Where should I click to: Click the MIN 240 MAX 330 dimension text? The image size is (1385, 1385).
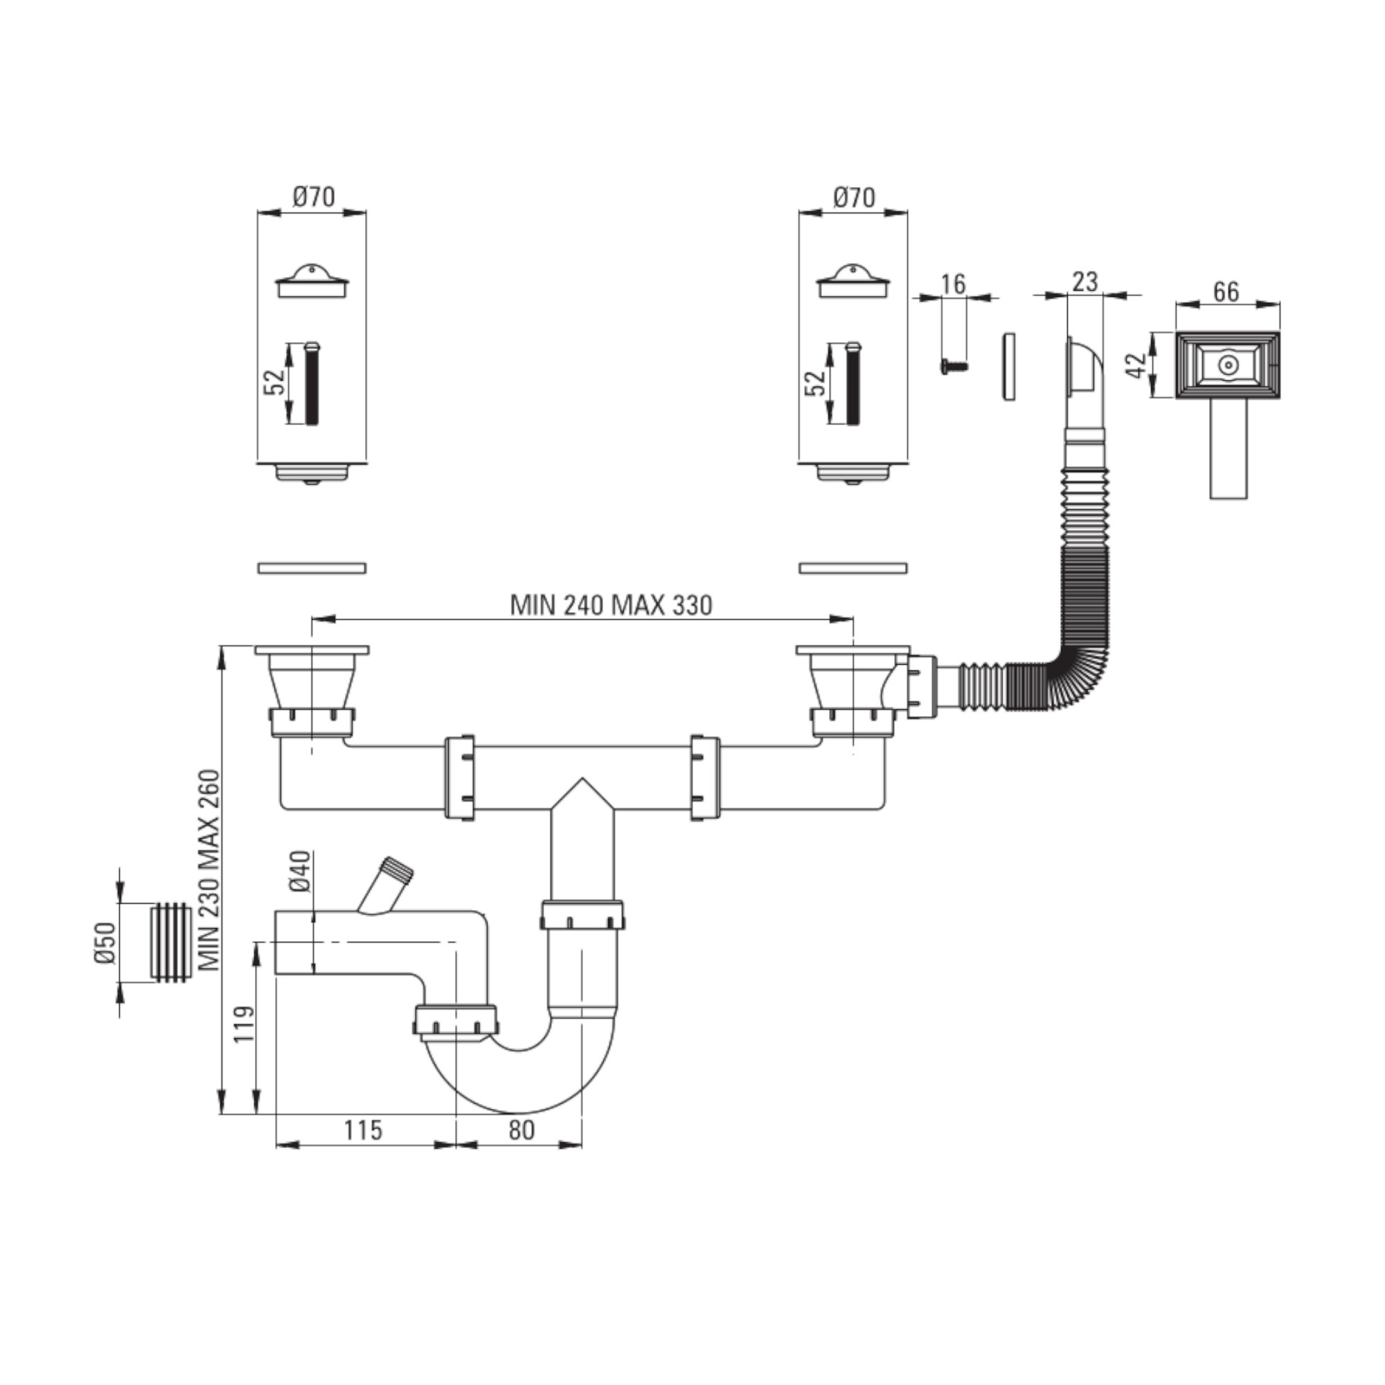611,606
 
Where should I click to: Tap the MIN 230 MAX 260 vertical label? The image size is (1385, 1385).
209,871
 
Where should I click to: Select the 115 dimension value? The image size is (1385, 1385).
363,1131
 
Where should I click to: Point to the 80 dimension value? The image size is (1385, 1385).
521,1131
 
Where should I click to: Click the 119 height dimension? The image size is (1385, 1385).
244,1024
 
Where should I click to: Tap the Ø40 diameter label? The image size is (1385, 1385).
301,872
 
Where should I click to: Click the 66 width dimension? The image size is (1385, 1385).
1226,292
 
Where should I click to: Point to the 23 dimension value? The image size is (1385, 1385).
1084,282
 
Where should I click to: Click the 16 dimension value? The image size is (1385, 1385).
954,284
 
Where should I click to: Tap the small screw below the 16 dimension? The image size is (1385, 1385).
954,366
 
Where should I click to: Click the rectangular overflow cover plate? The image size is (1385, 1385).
1227,365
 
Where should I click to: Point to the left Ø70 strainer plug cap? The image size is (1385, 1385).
312,280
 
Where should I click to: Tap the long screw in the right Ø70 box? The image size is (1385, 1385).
852,384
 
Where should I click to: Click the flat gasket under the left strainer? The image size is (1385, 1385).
312,569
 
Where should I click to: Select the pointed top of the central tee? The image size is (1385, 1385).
583,778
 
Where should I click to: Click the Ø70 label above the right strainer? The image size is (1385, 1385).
853,197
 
